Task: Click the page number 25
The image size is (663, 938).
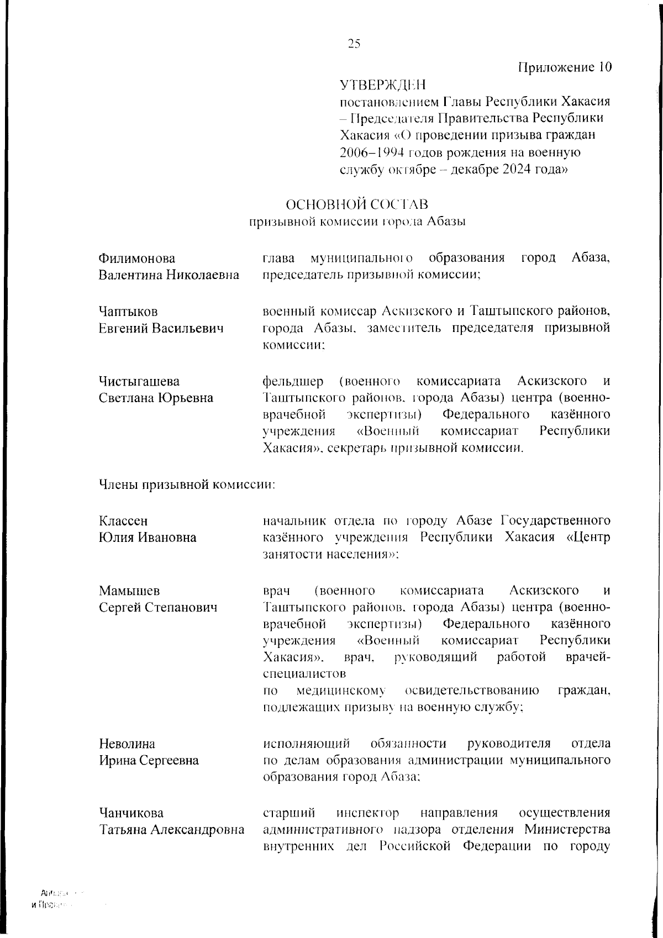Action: click(354, 44)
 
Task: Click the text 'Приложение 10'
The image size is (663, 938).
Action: click(565, 67)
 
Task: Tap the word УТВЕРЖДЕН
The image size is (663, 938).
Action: click(382, 85)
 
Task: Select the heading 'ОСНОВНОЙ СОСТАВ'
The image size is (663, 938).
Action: click(356, 205)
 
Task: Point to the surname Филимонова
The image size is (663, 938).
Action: click(137, 259)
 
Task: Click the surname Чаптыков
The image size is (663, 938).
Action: click(128, 312)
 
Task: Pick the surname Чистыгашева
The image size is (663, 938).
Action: click(139, 381)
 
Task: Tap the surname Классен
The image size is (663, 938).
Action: click(123, 521)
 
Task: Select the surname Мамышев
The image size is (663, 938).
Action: click(129, 591)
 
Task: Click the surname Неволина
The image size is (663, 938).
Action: click(127, 744)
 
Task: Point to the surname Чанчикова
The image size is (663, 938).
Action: click(131, 813)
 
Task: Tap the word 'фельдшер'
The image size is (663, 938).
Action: click(290, 381)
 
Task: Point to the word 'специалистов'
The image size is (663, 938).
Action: click(304, 674)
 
